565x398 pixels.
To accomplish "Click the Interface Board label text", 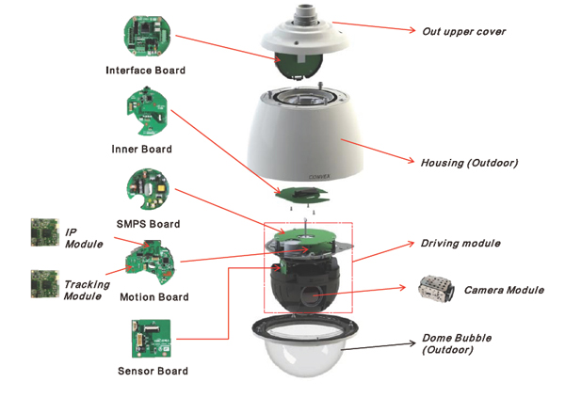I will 145,71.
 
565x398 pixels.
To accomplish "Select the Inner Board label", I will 141,149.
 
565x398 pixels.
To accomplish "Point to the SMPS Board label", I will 144,225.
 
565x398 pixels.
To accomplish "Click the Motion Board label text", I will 153,297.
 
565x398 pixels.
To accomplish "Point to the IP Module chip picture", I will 43,233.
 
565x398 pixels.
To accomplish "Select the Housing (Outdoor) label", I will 469,163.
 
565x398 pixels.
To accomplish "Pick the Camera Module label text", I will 503,290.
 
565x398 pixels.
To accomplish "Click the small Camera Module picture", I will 437,289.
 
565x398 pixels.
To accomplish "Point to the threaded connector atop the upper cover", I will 306,12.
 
